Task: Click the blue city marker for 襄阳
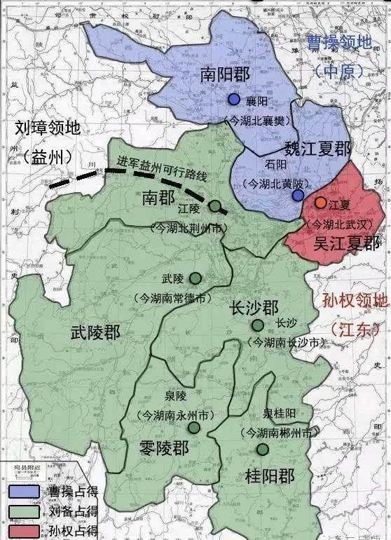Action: pos(234,100)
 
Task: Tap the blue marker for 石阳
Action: pos(298,196)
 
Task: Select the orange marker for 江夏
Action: pos(320,203)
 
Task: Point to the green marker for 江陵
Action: pos(217,207)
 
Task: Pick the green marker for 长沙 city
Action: pos(259,325)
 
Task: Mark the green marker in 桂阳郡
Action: pos(262,450)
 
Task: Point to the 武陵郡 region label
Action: pos(95,332)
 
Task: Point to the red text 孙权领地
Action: pos(355,302)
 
